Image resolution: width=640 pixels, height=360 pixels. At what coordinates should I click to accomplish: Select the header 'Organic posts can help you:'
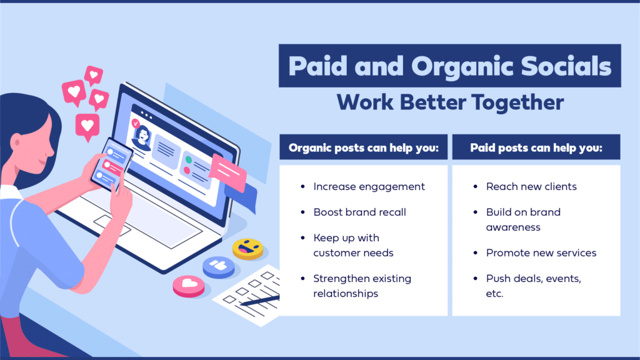coord(363,147)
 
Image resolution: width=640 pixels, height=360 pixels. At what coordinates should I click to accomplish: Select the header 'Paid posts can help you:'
coord(536,147)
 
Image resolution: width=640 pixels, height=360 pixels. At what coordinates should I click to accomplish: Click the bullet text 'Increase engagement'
coord(369,187)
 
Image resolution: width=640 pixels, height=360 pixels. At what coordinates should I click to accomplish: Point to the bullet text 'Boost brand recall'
coord(359,212)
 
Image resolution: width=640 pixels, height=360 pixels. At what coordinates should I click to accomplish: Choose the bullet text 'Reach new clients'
coord(531,186)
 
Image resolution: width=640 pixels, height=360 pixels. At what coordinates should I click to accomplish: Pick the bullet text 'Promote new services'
coord(541,253)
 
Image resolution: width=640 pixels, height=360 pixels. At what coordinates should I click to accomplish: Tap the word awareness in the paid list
coord(513,227)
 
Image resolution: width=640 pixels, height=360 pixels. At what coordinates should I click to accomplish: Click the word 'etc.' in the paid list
coord(494,294)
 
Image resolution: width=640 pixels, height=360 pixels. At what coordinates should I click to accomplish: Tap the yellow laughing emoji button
coord(247,249)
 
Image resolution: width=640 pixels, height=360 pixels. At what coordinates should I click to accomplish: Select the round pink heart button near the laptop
coord(189,286)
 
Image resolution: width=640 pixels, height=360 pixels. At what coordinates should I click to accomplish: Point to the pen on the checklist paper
coord(260,301)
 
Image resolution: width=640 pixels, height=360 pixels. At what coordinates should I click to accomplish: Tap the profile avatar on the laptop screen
coord(142,137)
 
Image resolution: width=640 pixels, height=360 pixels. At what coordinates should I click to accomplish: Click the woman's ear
coord(16,142)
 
